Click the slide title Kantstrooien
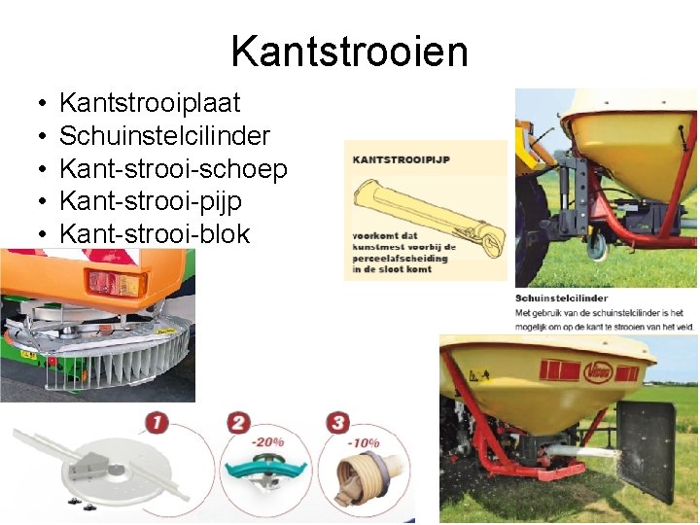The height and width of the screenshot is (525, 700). pos(350,51)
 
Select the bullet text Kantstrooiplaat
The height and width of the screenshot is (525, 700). pos(150,103)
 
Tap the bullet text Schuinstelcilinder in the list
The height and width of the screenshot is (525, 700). pos(164,136)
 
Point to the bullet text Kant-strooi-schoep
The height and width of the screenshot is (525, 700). pos(173,169)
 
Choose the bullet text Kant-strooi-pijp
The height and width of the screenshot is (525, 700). pos(151,202)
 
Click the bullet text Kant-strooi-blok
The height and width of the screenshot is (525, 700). pos(155,234)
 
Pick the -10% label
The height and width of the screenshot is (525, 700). pos(366,442)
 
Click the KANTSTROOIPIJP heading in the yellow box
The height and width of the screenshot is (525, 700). pos(401,159)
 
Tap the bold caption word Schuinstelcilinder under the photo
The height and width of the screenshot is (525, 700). pos(562,298)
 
